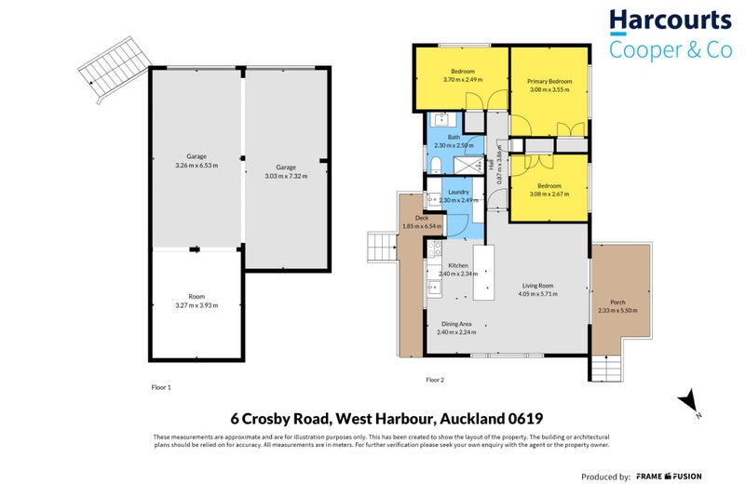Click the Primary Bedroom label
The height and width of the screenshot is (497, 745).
point(549,82)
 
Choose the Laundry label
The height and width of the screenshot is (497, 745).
point(457,192)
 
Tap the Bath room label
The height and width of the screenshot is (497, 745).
point(454,138)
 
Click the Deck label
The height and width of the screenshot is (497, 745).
point(409,219)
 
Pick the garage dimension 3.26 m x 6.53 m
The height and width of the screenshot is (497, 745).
point(196,165)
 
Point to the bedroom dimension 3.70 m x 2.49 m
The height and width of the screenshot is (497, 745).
point(463,79)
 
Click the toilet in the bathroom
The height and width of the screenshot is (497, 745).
point(435,166)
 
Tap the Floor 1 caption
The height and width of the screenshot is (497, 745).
point(161,386)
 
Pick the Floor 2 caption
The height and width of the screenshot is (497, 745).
point(435,380)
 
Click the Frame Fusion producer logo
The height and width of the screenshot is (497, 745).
point(669,477)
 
